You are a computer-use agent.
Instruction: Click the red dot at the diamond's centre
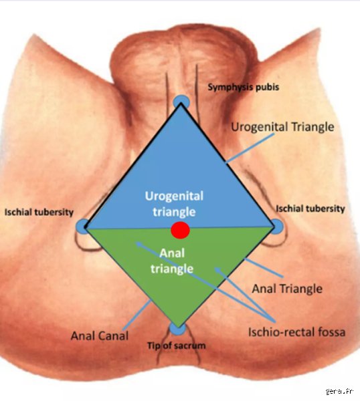pyautogui.click(x=180, y=230)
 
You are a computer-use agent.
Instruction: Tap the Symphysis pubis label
pyautogui.click(x=244, y=87)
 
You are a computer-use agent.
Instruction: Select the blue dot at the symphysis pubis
pyautogui.click(x=181, y=102)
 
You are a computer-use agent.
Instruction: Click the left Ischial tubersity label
pyautogui.click(x=39, y=212)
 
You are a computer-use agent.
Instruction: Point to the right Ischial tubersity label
pyautogui.click(x=310, y=209)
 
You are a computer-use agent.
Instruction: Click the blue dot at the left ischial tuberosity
pyautogui.click(x=83, y=227)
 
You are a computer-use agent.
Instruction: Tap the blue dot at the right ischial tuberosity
pyautogui.click(x=277, y=227)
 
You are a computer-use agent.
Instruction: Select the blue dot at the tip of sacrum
pyautogui.click(x=177, y=329)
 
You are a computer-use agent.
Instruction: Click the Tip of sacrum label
pyautogui.click(x=177, y=346)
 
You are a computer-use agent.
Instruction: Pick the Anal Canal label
pyautogui.click(x=100, y=336)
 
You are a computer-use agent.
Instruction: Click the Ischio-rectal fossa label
pyautogui.click(x=296, y=332)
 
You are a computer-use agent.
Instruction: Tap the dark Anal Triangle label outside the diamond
pyautogui.click(x=287, y=289)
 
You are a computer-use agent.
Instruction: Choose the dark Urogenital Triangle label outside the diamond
pyautogui.click(x=282, y=127)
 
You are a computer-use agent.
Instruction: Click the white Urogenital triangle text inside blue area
pyautogui.click(x=174, y=204)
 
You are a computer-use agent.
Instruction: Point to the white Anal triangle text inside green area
pyautogui.click(x=172, y=261)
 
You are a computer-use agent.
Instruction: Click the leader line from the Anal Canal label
pyautogui.click(x=137, y=315)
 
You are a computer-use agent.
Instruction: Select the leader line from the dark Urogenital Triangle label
pyautogui.click(x=250, y=148)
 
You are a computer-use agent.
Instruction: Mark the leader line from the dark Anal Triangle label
pyautogui.click(x=264, y=268)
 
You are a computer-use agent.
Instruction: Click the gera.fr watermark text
pyautogui.click(x=339, y=391)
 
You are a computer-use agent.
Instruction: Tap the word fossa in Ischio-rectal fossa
pyautogui.click(x=332, y=332)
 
